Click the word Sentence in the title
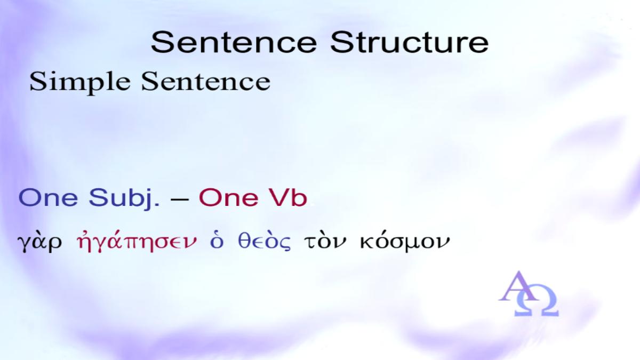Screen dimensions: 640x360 point(234,42)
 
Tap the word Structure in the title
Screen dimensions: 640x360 point(409,42)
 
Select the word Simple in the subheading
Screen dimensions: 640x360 point(79,82)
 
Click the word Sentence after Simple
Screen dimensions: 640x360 point(206,82)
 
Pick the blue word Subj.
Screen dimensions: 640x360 point(124,198)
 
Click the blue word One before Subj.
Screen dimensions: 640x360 point(48,197)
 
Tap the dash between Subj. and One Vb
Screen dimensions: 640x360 point(179,198)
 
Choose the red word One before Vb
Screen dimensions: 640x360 point(229,197)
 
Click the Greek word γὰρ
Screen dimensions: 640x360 point(39,243)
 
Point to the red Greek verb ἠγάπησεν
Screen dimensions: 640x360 point(137,242)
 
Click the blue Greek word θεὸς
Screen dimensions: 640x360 point(265,242)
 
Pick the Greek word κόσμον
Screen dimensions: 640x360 point(405,243)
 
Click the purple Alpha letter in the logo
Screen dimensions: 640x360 point(517,286)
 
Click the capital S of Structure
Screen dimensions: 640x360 point(341,42)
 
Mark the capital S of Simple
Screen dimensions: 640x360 point(37,82)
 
